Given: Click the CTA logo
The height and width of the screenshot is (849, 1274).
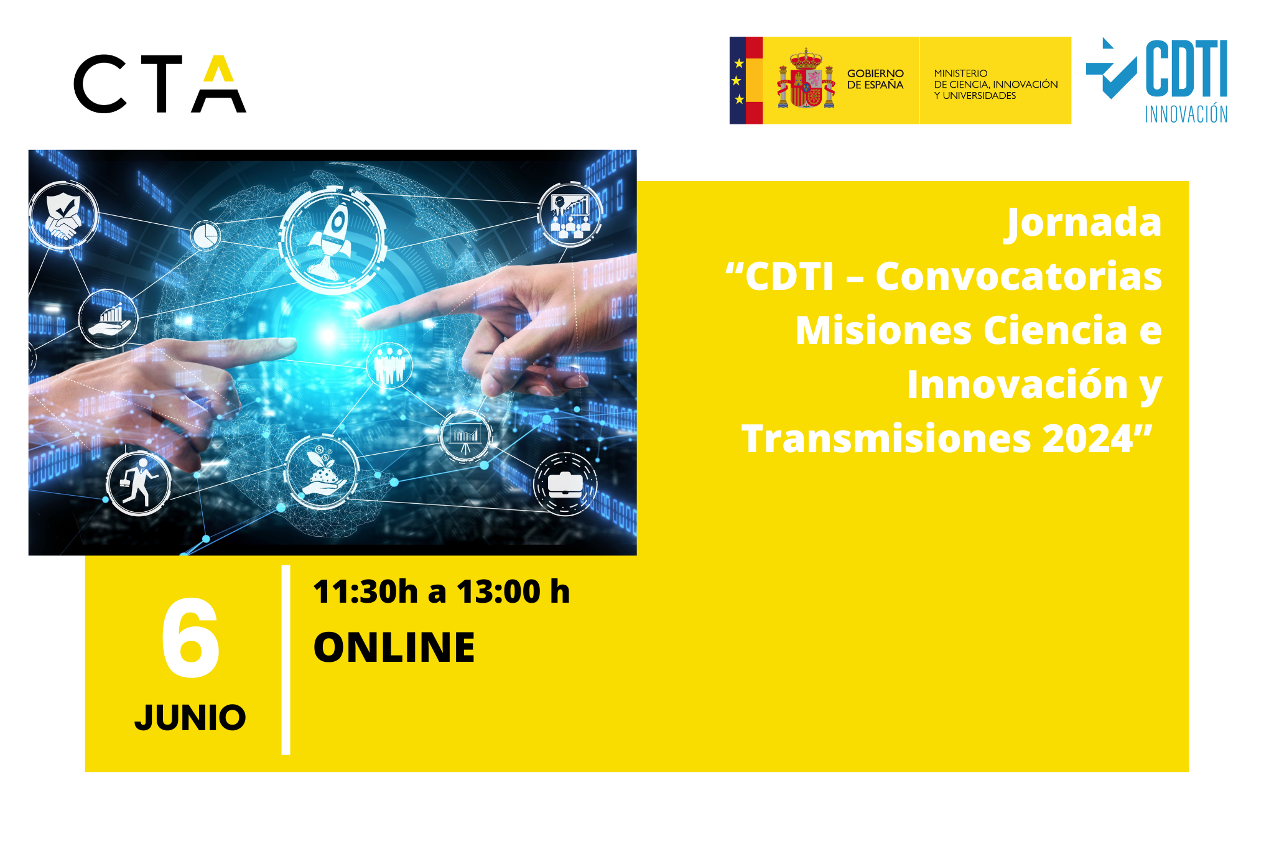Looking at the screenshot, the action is tap(160, 84).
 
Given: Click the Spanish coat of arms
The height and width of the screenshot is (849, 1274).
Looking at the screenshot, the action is tap(806, 79).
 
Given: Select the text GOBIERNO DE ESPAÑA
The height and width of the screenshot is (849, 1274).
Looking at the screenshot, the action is tap(875, 79).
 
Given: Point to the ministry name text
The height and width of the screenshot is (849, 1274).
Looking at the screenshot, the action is tap(995, 85).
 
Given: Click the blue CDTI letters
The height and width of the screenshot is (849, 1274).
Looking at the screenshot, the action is tap(1186, 68).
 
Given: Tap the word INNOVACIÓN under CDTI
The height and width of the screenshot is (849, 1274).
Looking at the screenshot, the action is tap(1186, 114).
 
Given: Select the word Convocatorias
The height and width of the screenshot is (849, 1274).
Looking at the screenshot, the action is tap(1018, 276).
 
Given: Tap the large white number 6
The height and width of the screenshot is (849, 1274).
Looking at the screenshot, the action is tap(190, 638).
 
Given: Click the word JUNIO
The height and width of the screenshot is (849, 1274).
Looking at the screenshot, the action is tap(190, 718).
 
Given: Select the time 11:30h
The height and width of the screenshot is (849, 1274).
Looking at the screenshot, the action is tap(365, 591).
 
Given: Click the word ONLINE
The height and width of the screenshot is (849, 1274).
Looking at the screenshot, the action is tap(394, 647).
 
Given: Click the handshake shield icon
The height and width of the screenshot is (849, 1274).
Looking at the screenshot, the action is tap(63, 215).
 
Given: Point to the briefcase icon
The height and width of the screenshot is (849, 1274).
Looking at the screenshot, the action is tap(565, 485).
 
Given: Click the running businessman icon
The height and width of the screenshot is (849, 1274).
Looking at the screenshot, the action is tap(138, 483).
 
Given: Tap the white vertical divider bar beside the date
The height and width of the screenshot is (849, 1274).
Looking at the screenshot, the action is tap(286, 659).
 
